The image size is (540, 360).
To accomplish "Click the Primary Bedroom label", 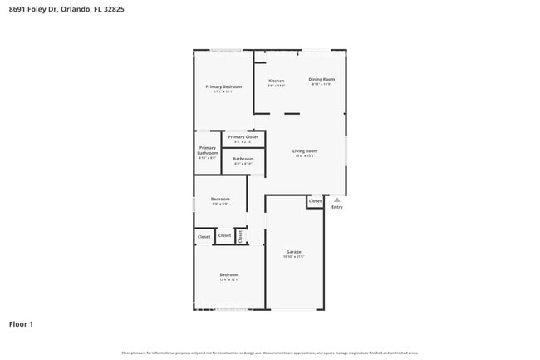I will (224, 86).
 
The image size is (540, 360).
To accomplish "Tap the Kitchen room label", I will (276, 81).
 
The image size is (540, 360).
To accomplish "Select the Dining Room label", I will (322, 79).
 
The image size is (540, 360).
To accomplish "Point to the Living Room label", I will (305, 150).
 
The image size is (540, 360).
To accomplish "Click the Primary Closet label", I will (243, 136).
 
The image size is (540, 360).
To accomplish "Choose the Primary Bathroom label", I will (207, 150).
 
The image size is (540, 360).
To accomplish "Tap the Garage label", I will (294, 251).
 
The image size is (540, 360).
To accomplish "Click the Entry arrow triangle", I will (336, 200).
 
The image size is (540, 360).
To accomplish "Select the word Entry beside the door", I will (336, 207).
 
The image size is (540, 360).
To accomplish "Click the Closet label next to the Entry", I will (315, 200).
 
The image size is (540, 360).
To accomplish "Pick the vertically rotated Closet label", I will (240, 236).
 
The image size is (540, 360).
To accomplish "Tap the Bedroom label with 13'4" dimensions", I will (228, 274).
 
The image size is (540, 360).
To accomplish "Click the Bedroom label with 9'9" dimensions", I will (220, 199).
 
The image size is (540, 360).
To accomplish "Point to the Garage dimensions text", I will (294, 257).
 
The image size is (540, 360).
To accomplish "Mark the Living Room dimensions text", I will (305, 156).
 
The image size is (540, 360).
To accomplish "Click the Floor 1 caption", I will (21, 323).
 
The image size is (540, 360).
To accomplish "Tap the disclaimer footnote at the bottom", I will (270, 353).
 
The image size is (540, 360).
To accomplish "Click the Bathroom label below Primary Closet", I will (243, 158).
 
